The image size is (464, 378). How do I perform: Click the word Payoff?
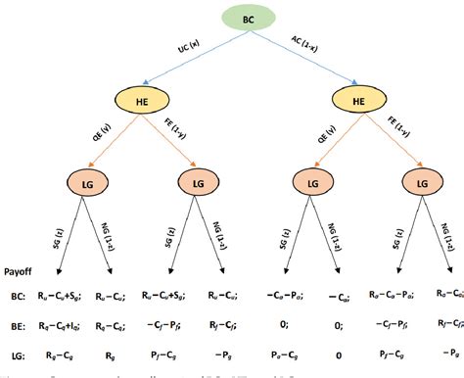(21, 275)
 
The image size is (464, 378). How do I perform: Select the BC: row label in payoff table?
(17, 292)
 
